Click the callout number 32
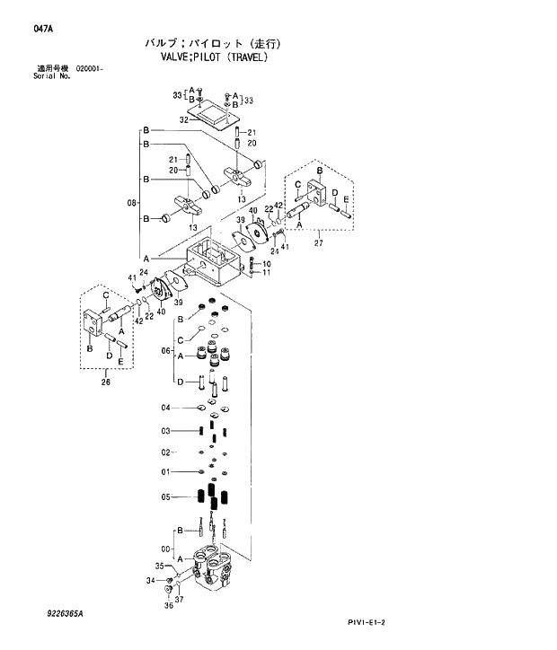[x=183, y=119]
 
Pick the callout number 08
[x=130, y=202]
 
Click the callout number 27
[x=318, y=242]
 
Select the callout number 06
[x=165, y=350]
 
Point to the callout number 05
[x=165, y=496]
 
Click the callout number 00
[x=165, y=549]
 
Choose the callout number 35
[x=160, y=567]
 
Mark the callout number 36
[x=167, y=605]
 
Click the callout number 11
[x=266, y=272]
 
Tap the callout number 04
[x=165, y=408]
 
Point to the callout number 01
[x=165, y=471]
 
